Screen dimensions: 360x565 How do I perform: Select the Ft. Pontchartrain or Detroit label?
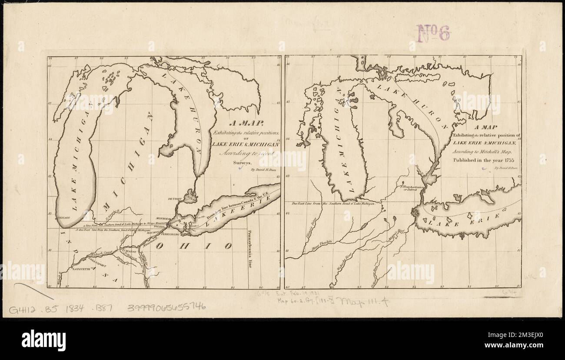coord(410,189)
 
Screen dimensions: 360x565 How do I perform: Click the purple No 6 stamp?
coord(433,33)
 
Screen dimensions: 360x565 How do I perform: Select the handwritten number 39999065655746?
coord(166,307)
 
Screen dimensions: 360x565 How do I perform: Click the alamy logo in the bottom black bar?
coord(43,339)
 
